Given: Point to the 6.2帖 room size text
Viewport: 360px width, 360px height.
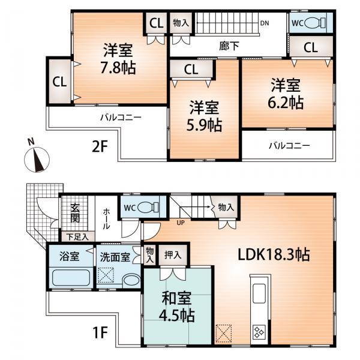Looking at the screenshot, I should tap(285, 102).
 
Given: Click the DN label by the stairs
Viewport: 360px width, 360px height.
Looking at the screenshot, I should tap(264, 25).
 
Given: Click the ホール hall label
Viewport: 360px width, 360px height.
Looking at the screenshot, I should tap(106, 219).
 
